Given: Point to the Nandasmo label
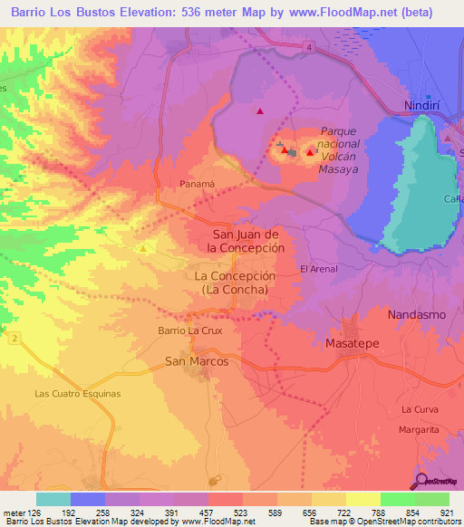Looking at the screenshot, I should [x=418, y=314].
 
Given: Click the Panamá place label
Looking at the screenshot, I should [x=195, y=183].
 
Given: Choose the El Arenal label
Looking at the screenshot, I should [x=319, y=269].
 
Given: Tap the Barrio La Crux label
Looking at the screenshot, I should [x=190, y=331].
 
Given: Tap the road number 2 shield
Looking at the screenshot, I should [x=15, y=337].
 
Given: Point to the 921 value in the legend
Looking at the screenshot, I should [x=444, y=513].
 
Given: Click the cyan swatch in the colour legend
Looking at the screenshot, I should [x=53, y=499].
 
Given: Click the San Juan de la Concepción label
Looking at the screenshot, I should [x=246, y=240].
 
